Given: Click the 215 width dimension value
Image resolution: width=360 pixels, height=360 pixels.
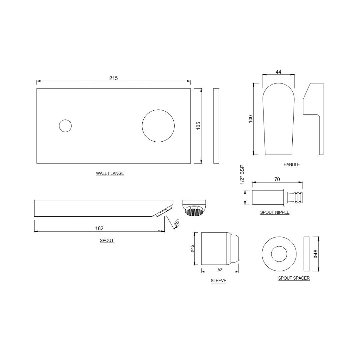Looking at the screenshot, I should tap(113, 78).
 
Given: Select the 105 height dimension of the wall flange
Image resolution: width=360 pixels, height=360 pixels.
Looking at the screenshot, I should tap(198, 126).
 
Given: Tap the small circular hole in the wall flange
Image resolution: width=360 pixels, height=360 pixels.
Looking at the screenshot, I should tap(65, 126).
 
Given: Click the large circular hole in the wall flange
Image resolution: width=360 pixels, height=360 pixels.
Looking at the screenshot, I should tap(158, 126).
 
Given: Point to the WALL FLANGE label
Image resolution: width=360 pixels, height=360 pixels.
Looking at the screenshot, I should tap(110, 173).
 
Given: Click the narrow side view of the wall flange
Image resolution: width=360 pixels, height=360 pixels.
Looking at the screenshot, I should tap(216, 126).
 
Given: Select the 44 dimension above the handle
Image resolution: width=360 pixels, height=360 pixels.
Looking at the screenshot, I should tap(278, 72).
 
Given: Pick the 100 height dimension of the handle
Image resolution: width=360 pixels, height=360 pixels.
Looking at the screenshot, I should tap(251, 119).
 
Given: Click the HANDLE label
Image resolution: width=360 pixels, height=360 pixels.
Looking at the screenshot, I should tap(292, 164).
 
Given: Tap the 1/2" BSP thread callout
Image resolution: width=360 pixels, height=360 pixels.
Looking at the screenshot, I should tap(242, 174).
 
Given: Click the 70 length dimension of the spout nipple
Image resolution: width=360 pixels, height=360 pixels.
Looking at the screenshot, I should tap(277, 179).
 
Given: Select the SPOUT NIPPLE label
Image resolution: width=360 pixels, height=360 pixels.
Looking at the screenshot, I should tap(275, 212).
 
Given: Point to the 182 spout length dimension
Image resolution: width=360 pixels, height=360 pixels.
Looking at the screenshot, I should tap(99, 228).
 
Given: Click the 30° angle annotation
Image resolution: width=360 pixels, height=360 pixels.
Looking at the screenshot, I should tap(176, 223).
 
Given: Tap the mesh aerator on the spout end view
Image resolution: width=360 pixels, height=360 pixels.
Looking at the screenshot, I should tap(194, 212).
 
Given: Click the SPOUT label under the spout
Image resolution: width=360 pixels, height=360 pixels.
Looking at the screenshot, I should tap(107, 240).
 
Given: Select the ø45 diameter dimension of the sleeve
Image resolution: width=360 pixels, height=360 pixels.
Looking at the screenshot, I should tap(192, 249).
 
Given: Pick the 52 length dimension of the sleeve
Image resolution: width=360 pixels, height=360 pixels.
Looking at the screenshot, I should tap(220, 269).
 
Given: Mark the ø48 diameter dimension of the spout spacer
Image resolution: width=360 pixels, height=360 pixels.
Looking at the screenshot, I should tap(316, 254).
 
